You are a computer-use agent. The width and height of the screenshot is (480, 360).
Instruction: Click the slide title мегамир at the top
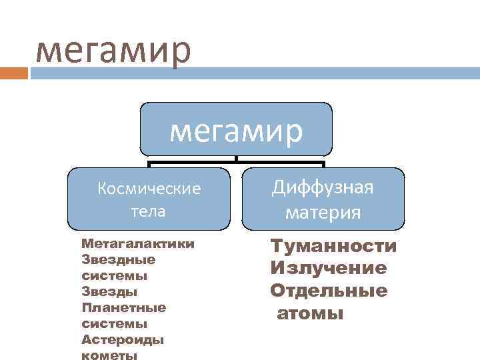(x=113, y=51)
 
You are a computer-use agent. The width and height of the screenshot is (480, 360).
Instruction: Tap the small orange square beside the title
(x=14, y=73)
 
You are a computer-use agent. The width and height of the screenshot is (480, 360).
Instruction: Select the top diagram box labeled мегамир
(x=236, y=129)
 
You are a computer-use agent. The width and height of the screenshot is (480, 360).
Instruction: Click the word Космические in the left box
(x=149, y=189)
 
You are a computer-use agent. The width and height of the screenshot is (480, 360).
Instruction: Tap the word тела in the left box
(x=149, y=211)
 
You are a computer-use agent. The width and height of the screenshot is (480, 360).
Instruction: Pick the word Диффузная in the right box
(x=323, y=187)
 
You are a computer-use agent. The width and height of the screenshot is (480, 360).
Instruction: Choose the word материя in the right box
(x=323, y=213)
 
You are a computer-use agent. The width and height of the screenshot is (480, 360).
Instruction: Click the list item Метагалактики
(x=138, y=243)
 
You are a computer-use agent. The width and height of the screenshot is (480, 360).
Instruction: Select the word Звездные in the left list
(x=118, y=259)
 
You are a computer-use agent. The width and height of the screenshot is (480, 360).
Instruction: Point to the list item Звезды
(x=109, y=291)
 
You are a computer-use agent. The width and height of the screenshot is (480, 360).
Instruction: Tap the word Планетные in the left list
(x=123, y=307)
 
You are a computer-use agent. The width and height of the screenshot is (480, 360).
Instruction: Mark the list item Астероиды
(x=123, y=339)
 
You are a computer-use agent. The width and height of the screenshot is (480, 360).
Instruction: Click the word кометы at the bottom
(x=109, y=355)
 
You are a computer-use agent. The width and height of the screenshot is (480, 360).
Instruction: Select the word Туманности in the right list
(x=333, y=247)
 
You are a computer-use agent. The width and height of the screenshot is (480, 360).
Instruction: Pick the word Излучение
(x=328, y=269)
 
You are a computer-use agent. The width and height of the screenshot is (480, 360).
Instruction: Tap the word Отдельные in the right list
(x=329, y=291)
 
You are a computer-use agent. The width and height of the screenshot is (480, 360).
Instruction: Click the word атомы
(x=310, y=313)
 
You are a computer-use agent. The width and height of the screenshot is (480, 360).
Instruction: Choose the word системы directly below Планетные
(x=114, y=323)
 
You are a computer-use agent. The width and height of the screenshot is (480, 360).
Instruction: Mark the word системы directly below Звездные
(x=114, y=275)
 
